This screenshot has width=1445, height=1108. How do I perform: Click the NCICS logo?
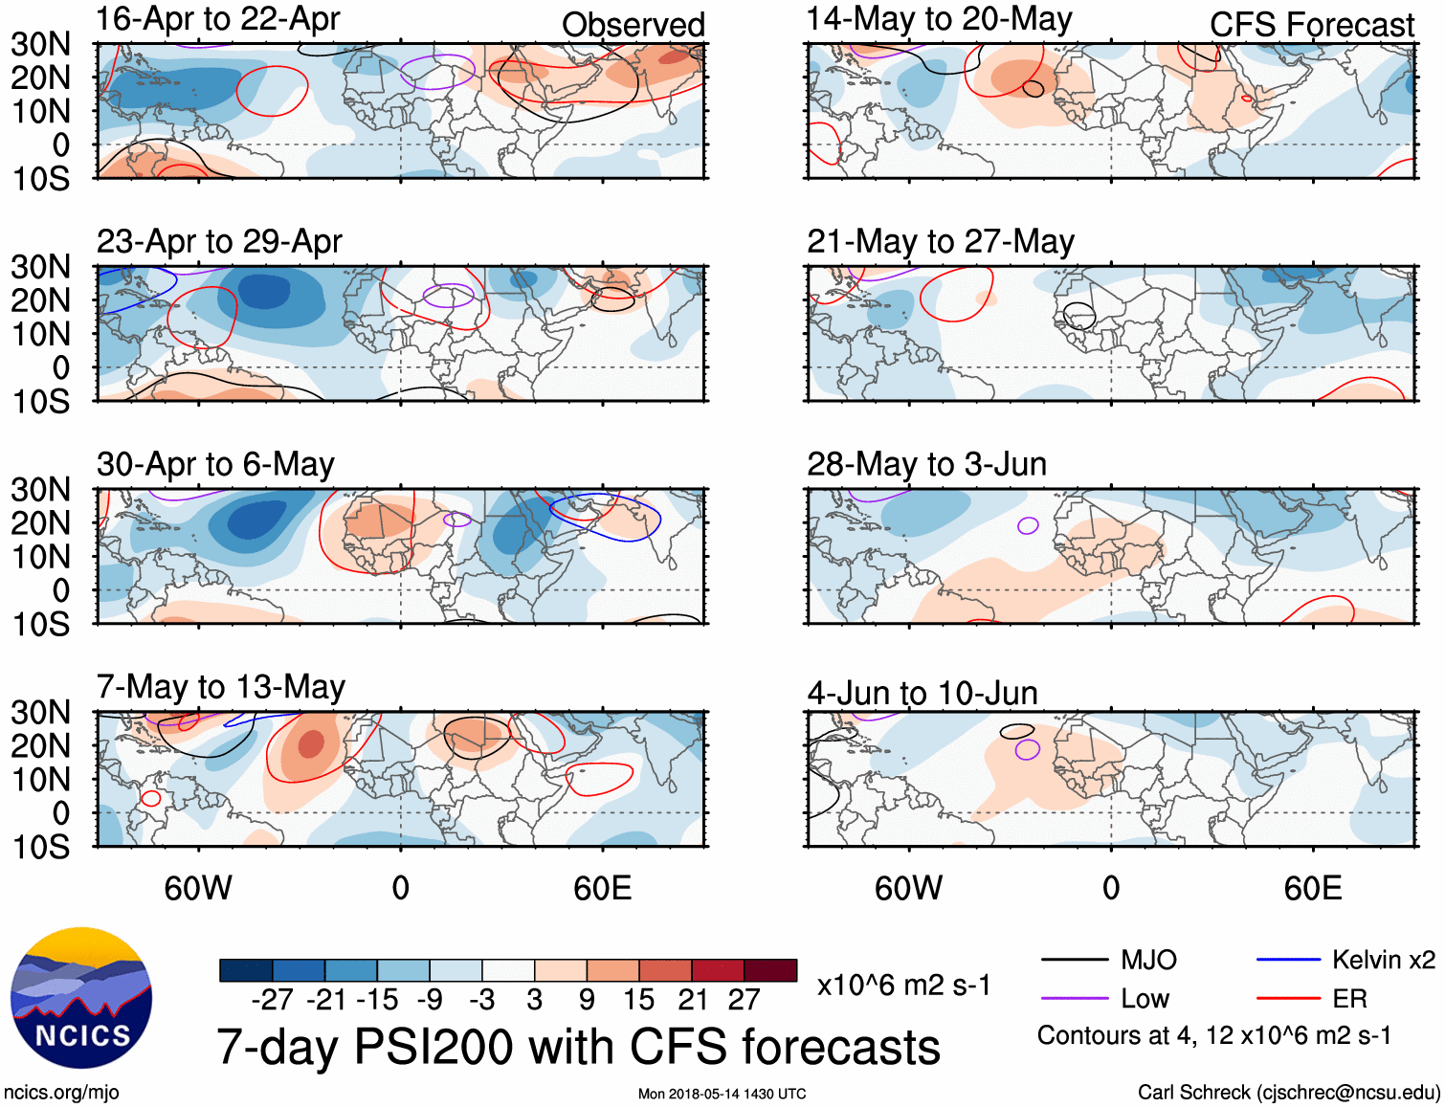[x=81, y=997]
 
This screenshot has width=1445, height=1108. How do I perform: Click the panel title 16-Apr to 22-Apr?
[x=218, y=19]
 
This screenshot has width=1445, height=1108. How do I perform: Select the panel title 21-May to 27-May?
[x=940, y=242]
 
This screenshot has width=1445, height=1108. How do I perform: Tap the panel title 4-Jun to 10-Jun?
[x=923, y=693]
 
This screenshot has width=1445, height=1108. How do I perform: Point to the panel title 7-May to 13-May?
[x=221, y=687]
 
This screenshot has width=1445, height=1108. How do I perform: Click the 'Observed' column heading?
[x=633, y=25]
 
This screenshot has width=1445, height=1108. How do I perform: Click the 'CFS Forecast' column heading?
[x=1311, y=25]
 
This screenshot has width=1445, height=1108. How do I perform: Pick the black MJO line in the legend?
[x=1074, y=960]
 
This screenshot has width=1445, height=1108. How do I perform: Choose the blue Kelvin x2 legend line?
[x=1288, y=960]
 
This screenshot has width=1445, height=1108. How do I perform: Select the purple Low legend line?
[x=1074, y=999]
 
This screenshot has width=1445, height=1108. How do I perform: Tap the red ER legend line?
[x=1288, y=999]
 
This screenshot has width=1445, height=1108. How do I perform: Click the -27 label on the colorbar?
[x=273, y=1000]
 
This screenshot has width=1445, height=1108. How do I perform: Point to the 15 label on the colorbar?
[x=638, y=1000]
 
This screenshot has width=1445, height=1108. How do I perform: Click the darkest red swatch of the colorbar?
[x=770, y=970]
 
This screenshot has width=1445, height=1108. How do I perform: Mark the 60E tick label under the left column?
[x=602, y=888]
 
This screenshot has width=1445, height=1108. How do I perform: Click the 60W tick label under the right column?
[x=908, y=888]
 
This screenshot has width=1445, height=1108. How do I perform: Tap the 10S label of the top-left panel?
[x=41, y=179]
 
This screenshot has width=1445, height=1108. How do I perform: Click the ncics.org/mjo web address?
[x=61, y=1093]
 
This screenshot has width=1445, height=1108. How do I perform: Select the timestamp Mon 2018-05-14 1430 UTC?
[x=722, y=1094]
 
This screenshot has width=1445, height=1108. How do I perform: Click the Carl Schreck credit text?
[x=1288, y=1093]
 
